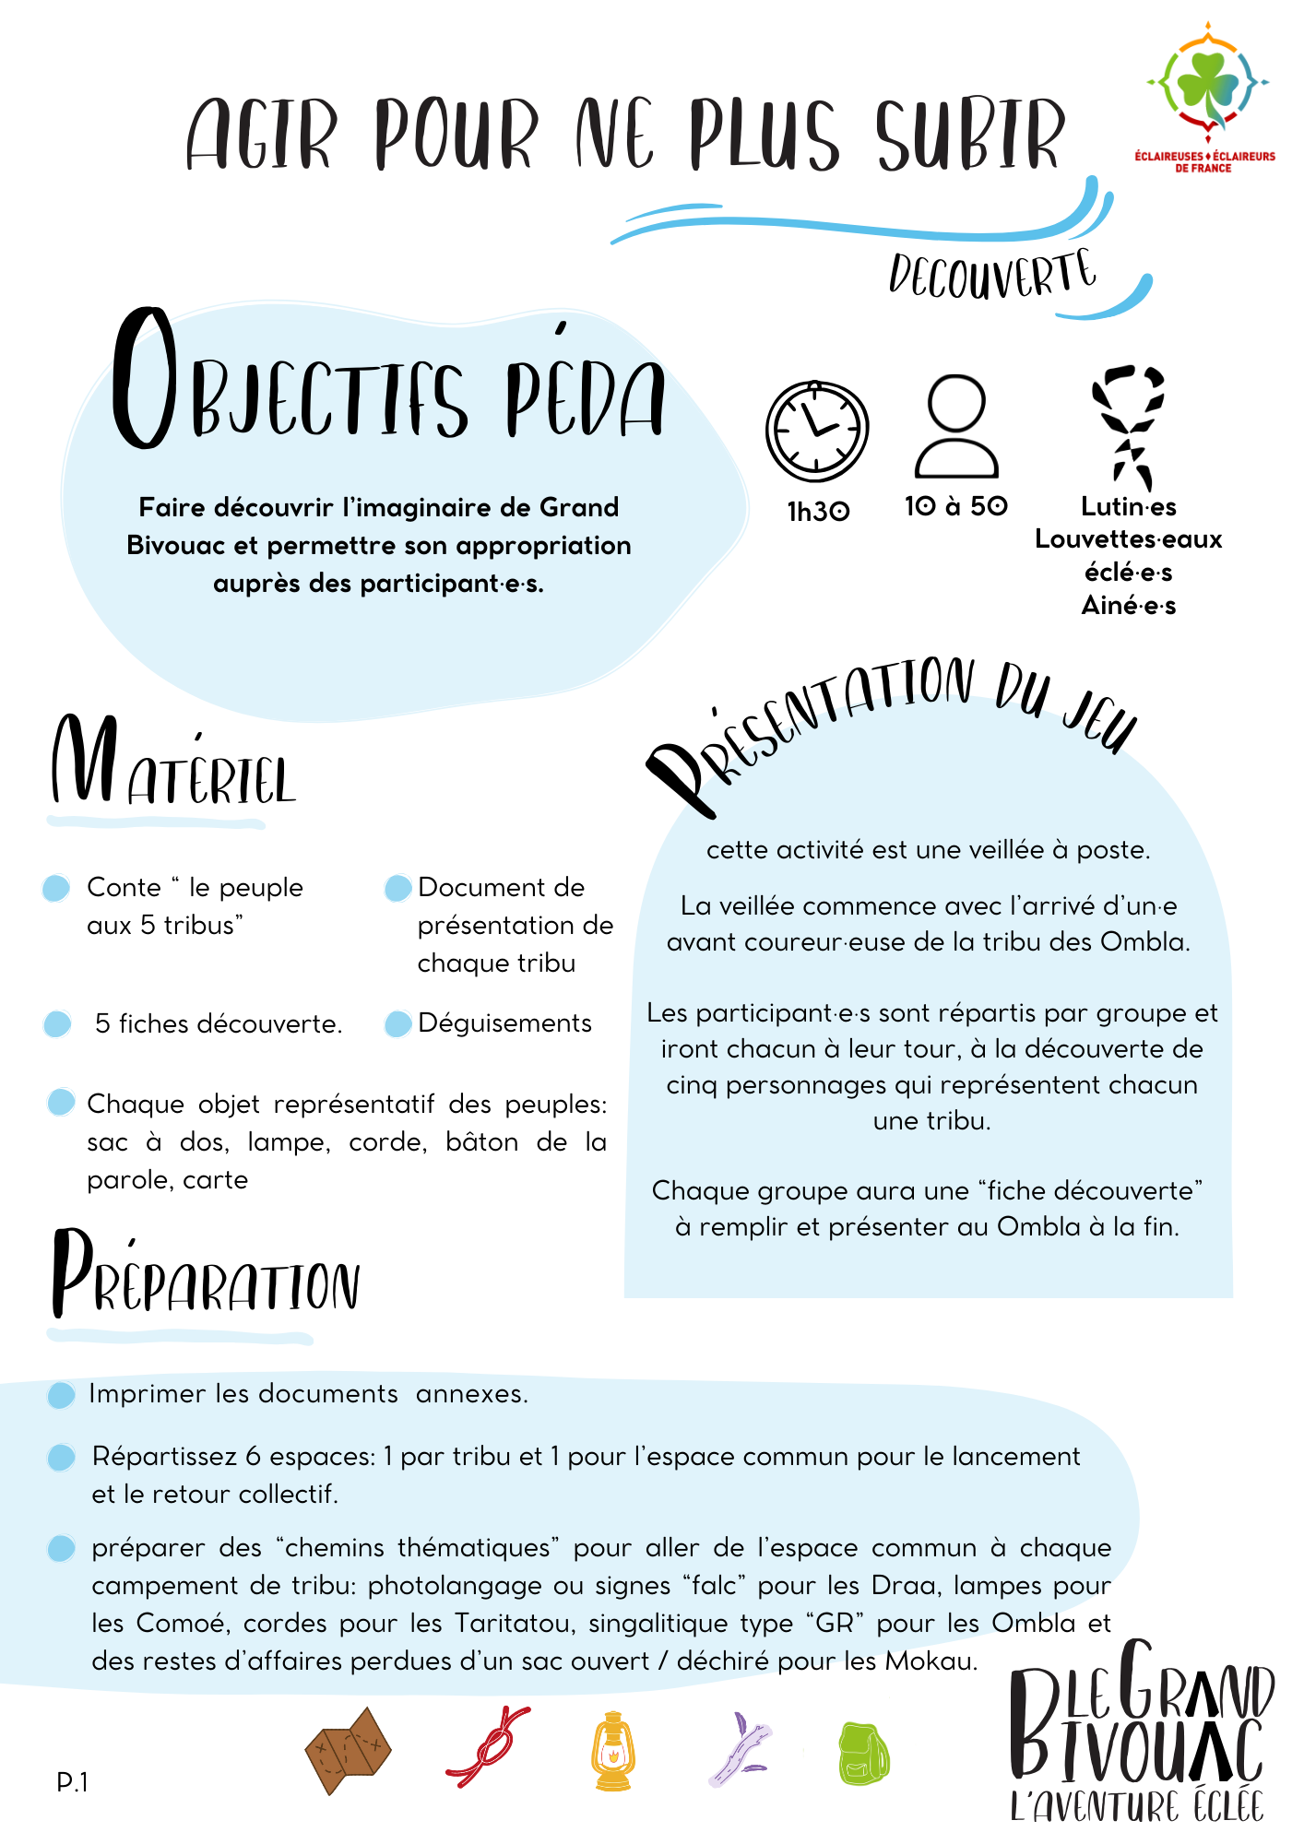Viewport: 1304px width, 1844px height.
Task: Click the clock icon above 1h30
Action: (x=817, y=431)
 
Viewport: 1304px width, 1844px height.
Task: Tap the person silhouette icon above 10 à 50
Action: (x=956, y=426)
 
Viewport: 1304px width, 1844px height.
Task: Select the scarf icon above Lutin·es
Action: (x=1129, y=427)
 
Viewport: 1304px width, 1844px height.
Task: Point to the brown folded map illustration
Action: (x=348, y=1750)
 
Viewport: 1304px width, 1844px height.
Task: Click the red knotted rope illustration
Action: (x=488, y=1746)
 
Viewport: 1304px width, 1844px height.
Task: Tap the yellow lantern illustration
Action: (x=612, y=1751)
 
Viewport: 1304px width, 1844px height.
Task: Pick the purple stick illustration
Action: (x=740, y=1748)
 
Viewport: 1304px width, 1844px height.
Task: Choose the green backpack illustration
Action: (x=863, y=1752)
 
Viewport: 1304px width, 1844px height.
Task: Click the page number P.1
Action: (x=72, y=1782)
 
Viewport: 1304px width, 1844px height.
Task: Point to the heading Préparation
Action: (x=205, y=1275)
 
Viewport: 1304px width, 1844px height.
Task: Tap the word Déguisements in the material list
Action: (x=504, y=1022)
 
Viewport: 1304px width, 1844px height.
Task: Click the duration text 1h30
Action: (x=818, y=511)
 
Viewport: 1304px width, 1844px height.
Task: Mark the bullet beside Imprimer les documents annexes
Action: (x=61, y=1395)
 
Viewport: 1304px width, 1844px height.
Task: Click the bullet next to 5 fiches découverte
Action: (x=57, y=1023)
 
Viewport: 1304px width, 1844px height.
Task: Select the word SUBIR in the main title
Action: (x=970, y=136)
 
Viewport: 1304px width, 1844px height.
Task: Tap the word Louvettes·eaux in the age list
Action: (x=1128, y=539)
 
